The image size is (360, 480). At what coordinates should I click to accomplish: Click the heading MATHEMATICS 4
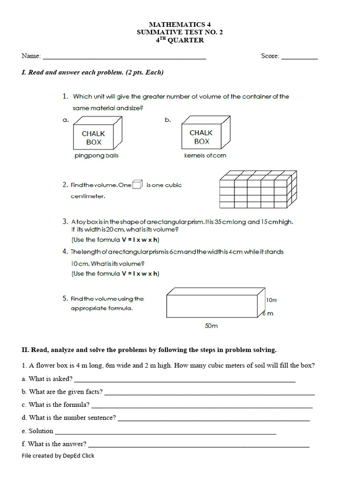click(x=177, y=24)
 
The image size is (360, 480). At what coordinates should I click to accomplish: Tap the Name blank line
click(x=124, y=58)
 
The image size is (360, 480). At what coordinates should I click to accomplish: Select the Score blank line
click(x=300, y=58)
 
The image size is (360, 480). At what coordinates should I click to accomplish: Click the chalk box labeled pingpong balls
click(x=97, y=135)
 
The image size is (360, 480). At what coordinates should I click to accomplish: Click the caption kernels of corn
click(x=205, y=156)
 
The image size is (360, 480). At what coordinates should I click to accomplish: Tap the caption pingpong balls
click(x=97, y=156)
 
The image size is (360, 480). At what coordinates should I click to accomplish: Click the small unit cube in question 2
click(x=137, y=184)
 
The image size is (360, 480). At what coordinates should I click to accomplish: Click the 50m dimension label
click(x=211, y=326)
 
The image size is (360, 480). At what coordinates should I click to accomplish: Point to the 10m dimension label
click(x=271, y=300)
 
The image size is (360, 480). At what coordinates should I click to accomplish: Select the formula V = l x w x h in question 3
click(x=140, y=240)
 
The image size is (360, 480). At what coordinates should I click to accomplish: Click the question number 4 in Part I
click(x=65, y=252)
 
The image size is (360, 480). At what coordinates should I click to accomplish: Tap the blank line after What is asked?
click(x=185, y=382)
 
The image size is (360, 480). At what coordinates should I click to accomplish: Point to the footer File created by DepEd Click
click(x=58, y=456)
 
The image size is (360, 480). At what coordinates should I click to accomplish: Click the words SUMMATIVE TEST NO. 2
click(x=177, y=32)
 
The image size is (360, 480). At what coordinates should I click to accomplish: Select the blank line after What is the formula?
click(x=202, y=407)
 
